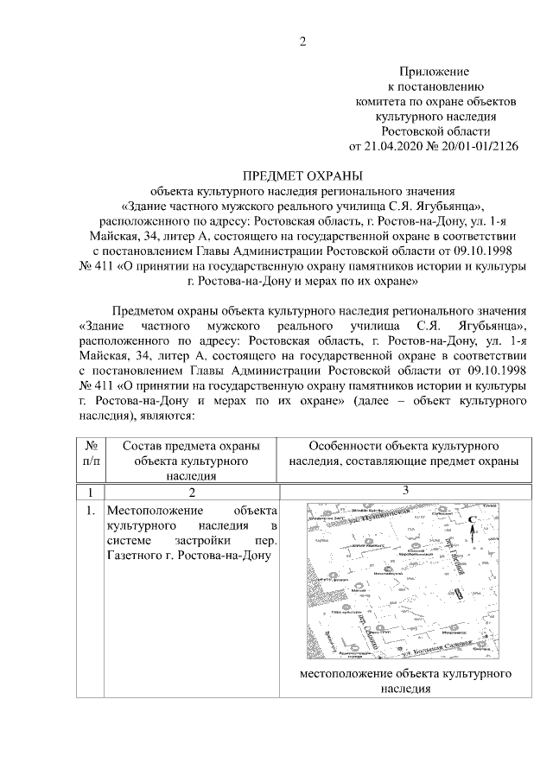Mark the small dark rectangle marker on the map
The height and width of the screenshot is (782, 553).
pyautogui.click(x=458, y=595)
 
